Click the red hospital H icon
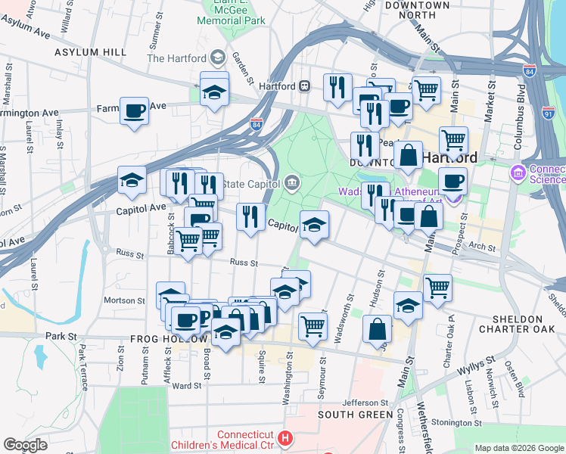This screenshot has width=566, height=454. click(x=285, y=438)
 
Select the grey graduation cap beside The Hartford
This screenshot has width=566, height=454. click(x=218, y=58)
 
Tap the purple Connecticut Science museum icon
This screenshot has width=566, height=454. click(x=518, y=173)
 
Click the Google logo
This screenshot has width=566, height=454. click(x=25, y=445)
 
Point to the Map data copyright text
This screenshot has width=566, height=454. click(x=519, y=448)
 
